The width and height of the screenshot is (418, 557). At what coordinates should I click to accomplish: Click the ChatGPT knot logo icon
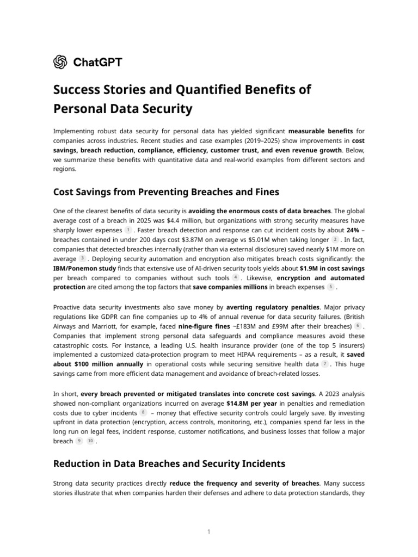[x=60, y=62]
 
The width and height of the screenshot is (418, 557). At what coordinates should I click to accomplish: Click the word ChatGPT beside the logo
[x=97, y=62]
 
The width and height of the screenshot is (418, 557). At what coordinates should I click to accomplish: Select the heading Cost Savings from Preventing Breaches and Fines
[x=166, y=192]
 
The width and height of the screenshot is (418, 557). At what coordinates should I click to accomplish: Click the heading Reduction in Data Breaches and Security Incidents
[x=169, y=464]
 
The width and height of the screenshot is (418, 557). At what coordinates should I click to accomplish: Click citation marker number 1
[x=127, y=230]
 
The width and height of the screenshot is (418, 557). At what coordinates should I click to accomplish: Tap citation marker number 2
[x=335, y=239]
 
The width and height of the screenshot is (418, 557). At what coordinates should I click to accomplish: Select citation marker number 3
[x=82, y=258]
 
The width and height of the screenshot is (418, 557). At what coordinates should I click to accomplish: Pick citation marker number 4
[x=235, y=277]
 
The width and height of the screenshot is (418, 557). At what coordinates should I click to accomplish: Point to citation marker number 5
[x=331, y=287]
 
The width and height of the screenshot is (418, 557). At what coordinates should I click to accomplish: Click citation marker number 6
[x=358, y=325]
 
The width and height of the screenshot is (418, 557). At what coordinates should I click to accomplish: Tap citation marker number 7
[x=325, y=363]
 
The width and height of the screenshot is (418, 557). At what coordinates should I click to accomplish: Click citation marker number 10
[x=90, y=441]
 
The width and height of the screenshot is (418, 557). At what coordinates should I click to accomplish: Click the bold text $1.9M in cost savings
[x=332, y=268]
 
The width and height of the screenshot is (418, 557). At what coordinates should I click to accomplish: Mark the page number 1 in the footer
[x=208, y=531]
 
